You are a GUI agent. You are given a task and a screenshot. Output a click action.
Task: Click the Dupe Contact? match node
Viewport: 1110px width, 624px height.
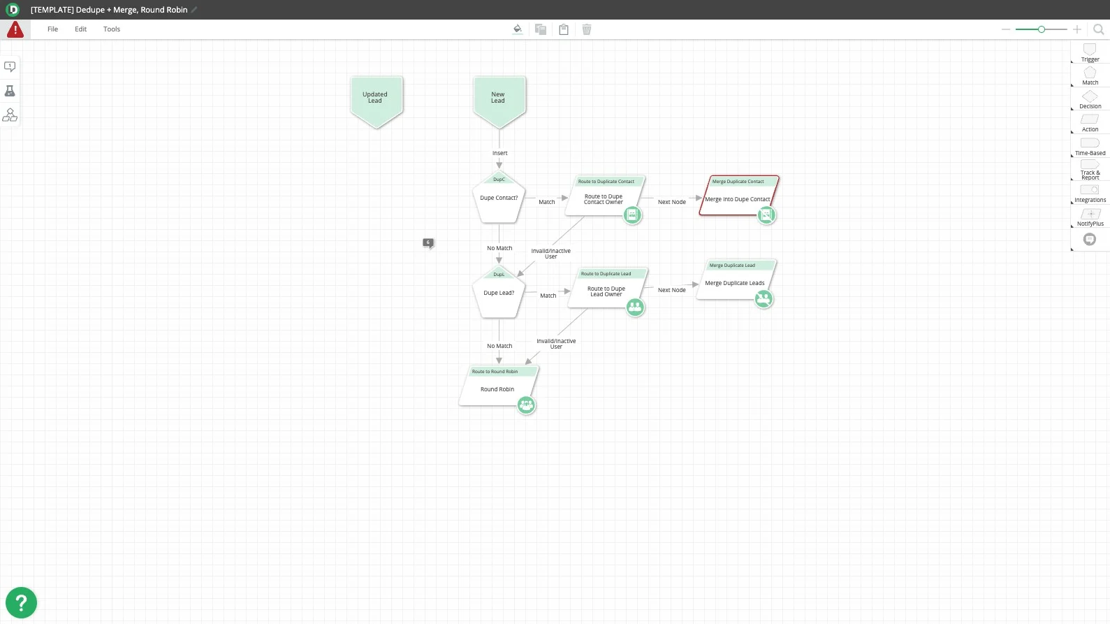click(499, 199)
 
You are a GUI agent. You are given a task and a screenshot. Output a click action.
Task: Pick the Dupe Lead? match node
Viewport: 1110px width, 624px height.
click(499, 293)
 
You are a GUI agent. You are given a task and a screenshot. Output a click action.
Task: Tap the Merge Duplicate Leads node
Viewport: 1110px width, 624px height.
click(734, 282)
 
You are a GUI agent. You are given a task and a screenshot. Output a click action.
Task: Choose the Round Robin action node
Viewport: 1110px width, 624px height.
click(497, 389)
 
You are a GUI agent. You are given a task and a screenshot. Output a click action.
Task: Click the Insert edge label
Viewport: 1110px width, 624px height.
click(500, 153)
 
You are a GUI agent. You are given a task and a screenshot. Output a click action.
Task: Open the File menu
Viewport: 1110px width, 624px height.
click(52, 29)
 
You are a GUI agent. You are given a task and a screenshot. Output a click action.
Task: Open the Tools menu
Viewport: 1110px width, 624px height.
click(112, 29)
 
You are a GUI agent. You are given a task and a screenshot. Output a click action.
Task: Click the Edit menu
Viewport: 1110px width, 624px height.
click(81, 29)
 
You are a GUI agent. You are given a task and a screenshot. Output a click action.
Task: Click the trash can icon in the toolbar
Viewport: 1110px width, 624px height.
click(587, 29)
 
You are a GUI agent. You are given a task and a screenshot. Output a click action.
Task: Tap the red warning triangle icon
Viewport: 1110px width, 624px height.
click(15, 30)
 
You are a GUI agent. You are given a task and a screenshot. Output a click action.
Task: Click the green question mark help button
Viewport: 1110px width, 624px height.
click(21, 602)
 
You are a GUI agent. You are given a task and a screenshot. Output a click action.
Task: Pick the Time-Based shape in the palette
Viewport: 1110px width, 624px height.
click(1090, 145)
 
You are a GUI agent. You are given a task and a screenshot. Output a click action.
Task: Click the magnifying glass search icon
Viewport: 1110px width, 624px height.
click(1098, 29)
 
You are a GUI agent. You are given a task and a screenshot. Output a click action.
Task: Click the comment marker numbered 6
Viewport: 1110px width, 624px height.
click(428, 242)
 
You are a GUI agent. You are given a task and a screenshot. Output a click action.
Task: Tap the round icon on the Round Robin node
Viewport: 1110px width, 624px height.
click(526, 405)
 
